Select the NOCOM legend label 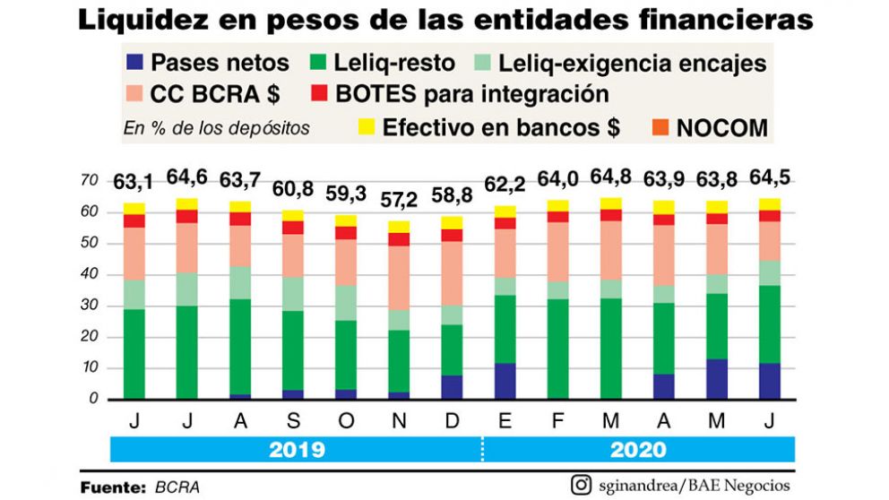click(722, 127)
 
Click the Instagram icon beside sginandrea click(581, 485)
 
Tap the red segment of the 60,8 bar click(292, 228)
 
